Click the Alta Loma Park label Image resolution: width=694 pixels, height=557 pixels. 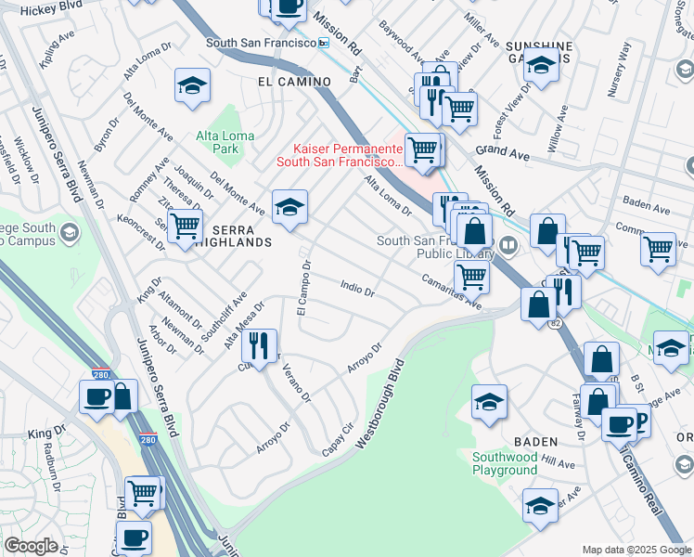pos(219,141)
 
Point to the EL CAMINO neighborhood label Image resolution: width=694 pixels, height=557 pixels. pos(294,82)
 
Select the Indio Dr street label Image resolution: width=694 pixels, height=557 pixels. pos(357,291)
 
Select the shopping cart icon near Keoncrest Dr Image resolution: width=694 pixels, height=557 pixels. pos(186,224)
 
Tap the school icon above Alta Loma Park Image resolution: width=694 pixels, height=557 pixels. pos(192,86)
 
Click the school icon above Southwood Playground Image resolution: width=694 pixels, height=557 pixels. pos(489,401)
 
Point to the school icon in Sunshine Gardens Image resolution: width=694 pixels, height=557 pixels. pos(541,64)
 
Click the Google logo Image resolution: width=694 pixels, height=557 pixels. pos(32,546)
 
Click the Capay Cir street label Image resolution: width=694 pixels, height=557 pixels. pos(338,434)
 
